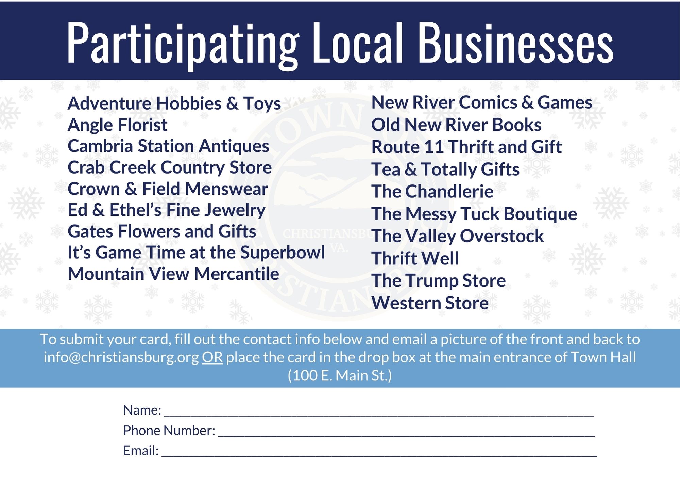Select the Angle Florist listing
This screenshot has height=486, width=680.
coord(117,125)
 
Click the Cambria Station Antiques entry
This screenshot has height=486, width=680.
coord(168,146)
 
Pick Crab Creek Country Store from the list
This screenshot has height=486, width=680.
coord(170,167)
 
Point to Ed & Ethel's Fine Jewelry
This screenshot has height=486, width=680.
coord(166,210)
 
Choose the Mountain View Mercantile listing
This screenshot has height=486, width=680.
coord(173,274)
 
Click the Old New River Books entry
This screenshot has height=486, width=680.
coord(456,125)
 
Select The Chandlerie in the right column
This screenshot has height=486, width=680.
coord(432,191)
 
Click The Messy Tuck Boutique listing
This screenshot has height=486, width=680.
coord(474,214)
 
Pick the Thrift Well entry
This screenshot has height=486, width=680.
coord(415,258)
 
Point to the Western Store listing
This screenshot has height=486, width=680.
coord(430,303)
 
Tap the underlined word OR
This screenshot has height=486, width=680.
coord(213,357)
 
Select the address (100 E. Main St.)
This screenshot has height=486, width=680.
coord(340,376)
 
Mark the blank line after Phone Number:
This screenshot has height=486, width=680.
coord(407,436)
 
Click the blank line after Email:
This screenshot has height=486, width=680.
coord(379,456)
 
